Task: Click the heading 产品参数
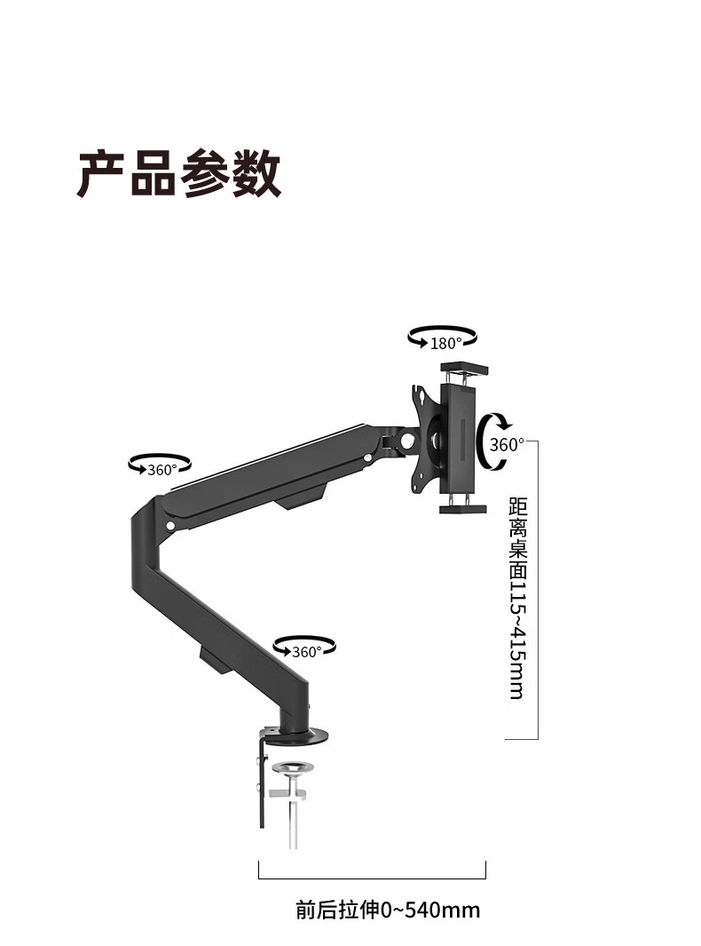pos(179,173)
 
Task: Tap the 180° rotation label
pos(445,344)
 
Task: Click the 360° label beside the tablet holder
pos(507,444)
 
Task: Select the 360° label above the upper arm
pos(162,470)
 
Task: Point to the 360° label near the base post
pos(307,651)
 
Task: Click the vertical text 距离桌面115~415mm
pos(516,597)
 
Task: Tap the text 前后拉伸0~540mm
pos(388,910)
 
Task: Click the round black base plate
pos(297,735)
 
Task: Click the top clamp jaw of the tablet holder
pos(464,367)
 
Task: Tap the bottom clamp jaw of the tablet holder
pos(464,508)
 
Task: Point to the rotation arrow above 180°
pos(442,331)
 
